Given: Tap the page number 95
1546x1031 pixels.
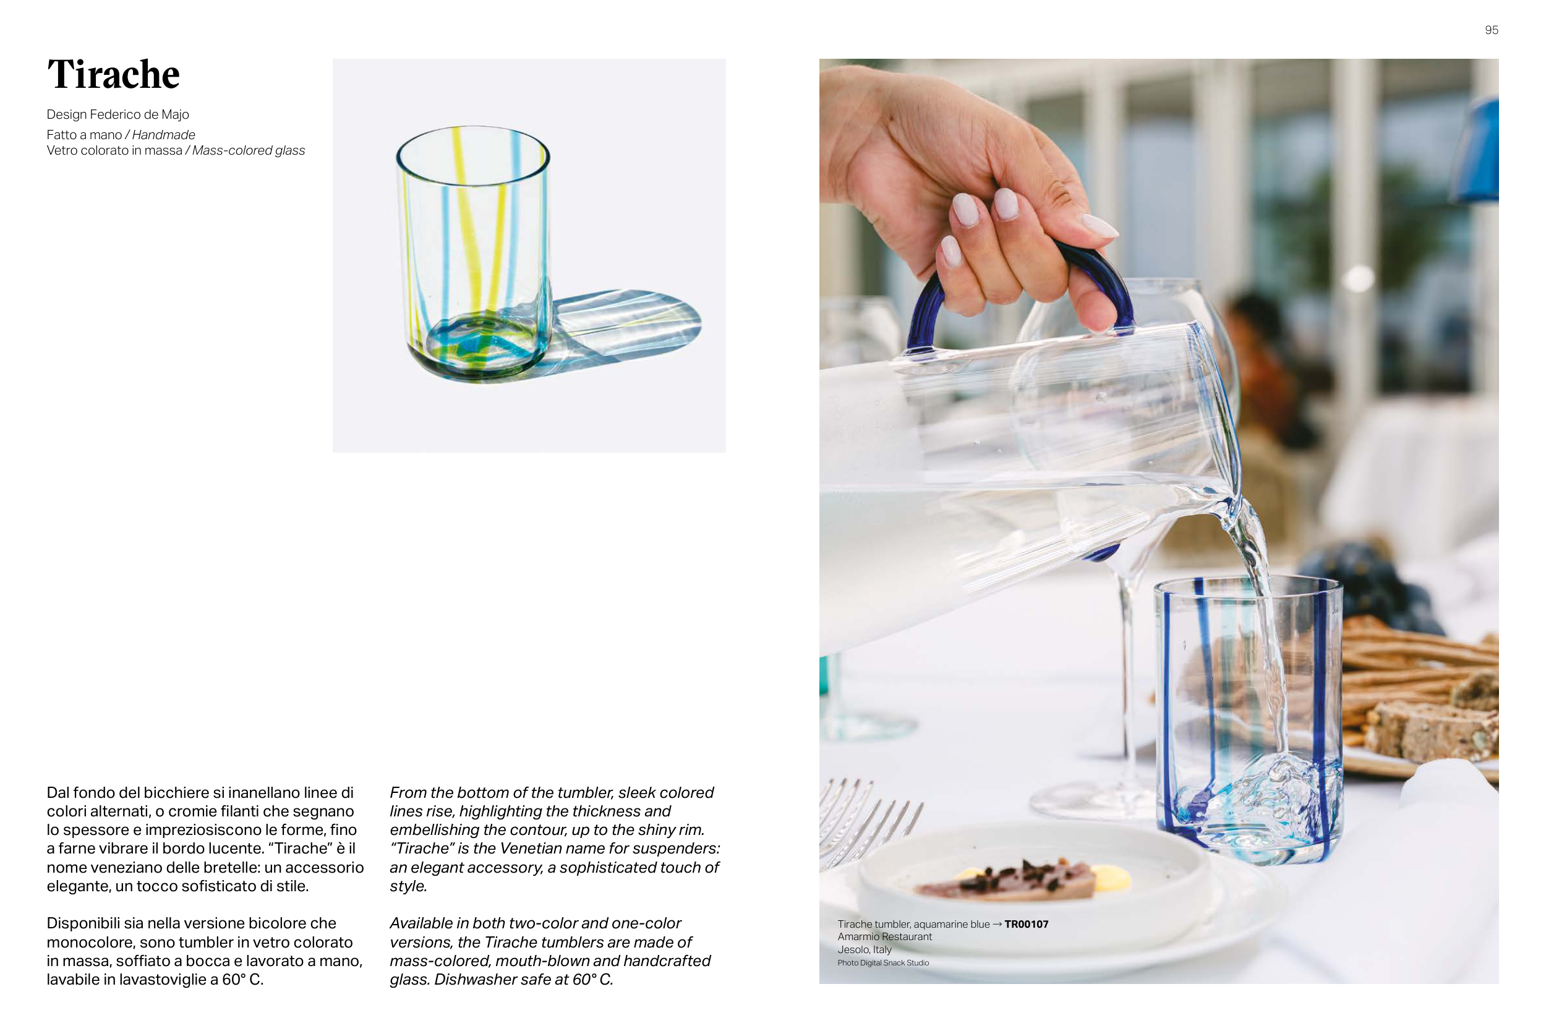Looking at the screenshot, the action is (x=1492, y=30).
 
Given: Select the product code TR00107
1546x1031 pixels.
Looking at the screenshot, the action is (x=1026, y=924).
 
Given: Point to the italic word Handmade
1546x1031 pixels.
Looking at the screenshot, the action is (x=164, y=135).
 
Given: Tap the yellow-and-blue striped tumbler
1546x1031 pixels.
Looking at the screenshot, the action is (x=474, y=253).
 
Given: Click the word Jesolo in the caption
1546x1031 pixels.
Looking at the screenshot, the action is (x=853, y=949).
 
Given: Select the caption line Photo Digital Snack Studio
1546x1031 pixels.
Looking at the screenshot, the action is (x=883, y=962).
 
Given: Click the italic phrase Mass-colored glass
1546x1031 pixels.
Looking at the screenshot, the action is (x=249, y=150).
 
